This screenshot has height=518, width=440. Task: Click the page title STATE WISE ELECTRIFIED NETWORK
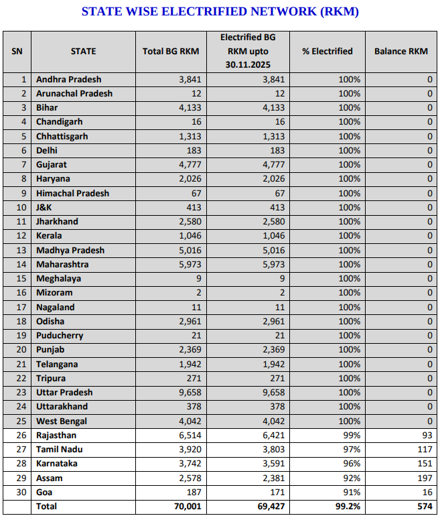(x=220, y=11)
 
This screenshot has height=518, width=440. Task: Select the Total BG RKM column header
(x=171, y=51)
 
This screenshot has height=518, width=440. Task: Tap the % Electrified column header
(x=327, y=51)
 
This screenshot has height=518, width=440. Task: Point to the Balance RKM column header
(x=400, y=51)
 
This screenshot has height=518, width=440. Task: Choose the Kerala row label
(x=49, y=235)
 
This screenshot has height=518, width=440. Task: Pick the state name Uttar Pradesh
(x=64, y=392)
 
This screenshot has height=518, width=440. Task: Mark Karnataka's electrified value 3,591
(x=273, y=463)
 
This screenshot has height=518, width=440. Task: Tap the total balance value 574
(x=423, y=507)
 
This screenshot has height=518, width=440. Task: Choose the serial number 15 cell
(x=22, y=278)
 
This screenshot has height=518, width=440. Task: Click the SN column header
(x=17, y=51)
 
